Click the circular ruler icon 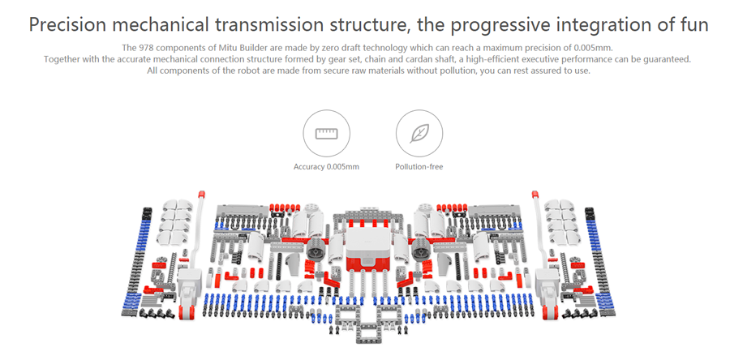pos(326,133)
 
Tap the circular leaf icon pos(419,133)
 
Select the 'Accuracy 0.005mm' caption pos(326,167)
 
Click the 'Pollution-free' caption pos(419,167)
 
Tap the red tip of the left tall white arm pos(201,195)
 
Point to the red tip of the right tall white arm pos(536,195)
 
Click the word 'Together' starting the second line pos(64,59)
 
